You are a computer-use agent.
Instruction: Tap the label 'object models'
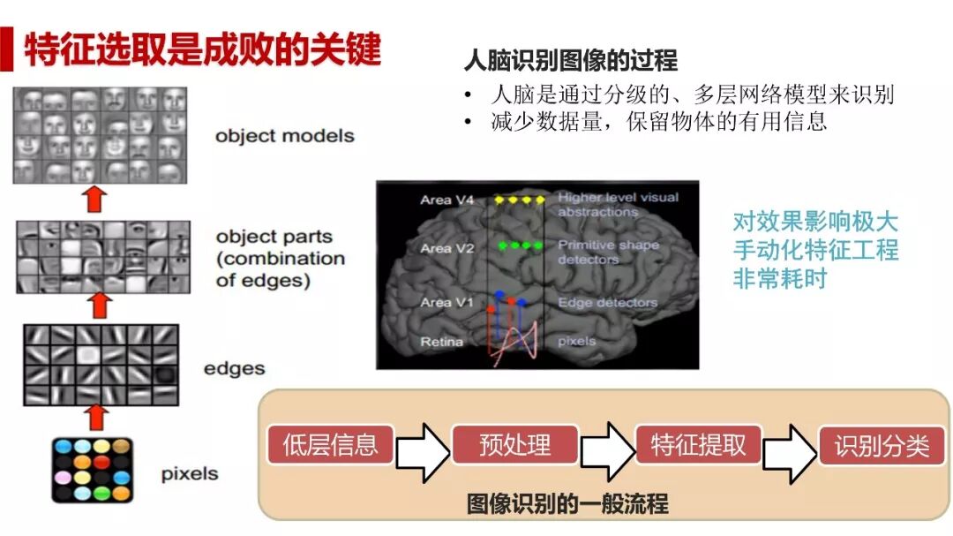pyautogui.click(x=284, y=136)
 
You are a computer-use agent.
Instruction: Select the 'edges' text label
pyautogui.click(x=234, y=368)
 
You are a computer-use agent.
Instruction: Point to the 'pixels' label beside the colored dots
pyautogui.click(x=189, y=473)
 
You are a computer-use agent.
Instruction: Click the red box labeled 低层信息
pyautogui.click(x=330, y=445)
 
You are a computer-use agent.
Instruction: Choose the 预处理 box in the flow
pyautogui.click(x=514, y=445)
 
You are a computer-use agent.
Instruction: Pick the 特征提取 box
pyautogui.click(x=698, y=445)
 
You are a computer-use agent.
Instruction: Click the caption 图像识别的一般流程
pyautogui.click(x=567, y=504)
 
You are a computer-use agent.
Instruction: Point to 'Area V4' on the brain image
pyautogui.click(x=447, y=200)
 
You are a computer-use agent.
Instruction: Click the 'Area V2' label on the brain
pyautogui.click(x=447, y=248)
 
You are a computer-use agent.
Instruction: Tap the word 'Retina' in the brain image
pyautogui.click(x=442, y=342)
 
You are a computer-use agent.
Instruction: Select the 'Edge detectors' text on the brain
pyautogui.click(x=607, y=303)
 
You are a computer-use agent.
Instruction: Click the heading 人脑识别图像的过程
pyautogui.click(x=570, y=60)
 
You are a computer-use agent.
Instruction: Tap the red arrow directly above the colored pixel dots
pyautogui.click(x=98, y=416)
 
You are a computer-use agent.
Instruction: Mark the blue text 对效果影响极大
pyautogui.click(x=814, y=221)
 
